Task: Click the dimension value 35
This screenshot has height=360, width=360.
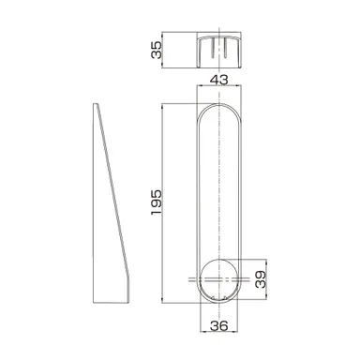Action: (x=157, y=50)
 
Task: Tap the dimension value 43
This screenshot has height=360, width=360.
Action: (x=218, y=80)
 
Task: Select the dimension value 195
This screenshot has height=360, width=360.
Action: (x=157, y=202)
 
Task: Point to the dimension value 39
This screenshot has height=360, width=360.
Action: (x=261, y=279)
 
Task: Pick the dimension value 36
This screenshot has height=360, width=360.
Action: (x=219, y=325)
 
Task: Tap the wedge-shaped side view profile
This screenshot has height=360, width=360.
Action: (x=111, y=203)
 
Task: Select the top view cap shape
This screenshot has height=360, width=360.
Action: (x=219, y=52)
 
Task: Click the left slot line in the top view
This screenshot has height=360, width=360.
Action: (x=213, y=48)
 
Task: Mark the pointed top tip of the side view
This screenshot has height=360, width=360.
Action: (x=96, y=104)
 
